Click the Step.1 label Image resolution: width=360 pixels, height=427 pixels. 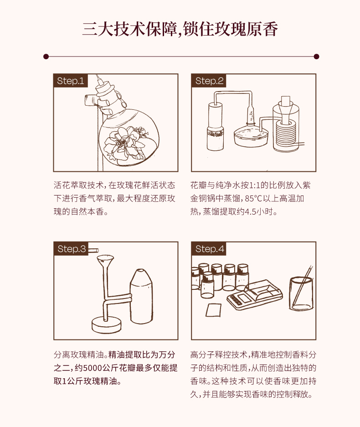[x=70, y=81]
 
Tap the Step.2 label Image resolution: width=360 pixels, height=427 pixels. [x=209, y=81]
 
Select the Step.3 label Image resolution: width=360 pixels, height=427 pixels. [x=71, y=249]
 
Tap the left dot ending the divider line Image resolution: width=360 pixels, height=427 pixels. [x=46, y=57]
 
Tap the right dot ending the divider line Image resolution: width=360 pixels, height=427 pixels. [x=316, y=57]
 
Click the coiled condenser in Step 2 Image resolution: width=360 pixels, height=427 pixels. [x=285, y=134]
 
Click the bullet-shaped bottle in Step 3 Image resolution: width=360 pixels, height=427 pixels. [x=141, y=296]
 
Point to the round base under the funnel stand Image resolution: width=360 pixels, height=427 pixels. [x=107, y=325]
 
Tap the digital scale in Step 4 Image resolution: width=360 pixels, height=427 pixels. [x=255, y=295]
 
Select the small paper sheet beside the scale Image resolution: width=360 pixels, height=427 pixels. [x=213, y=310]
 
